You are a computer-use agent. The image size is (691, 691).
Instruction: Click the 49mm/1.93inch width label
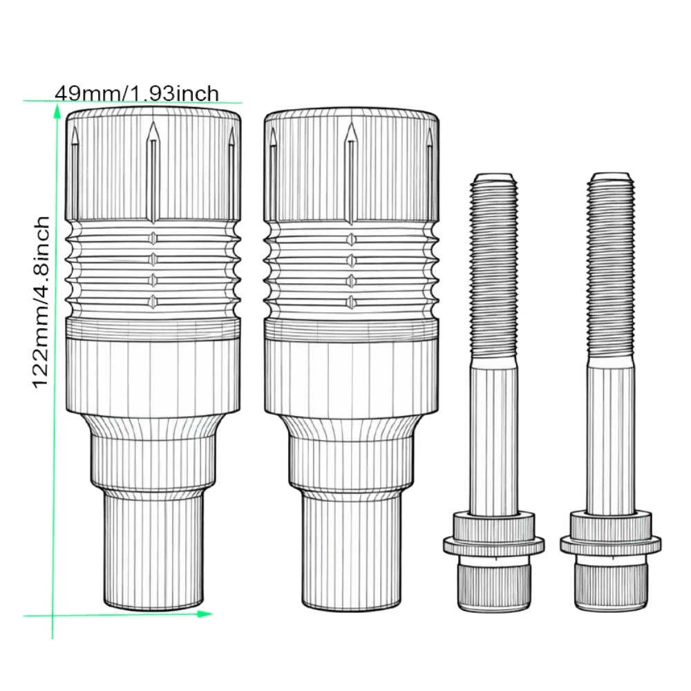[x=137, y=93]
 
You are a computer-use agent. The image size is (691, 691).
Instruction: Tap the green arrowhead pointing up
[x=57, y=113]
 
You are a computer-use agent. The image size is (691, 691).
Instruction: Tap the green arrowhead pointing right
[x=205, y=614]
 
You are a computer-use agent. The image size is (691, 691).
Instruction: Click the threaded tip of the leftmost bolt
[x=493, y=178]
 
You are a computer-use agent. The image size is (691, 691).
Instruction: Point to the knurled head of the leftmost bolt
[x=493, y=583]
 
